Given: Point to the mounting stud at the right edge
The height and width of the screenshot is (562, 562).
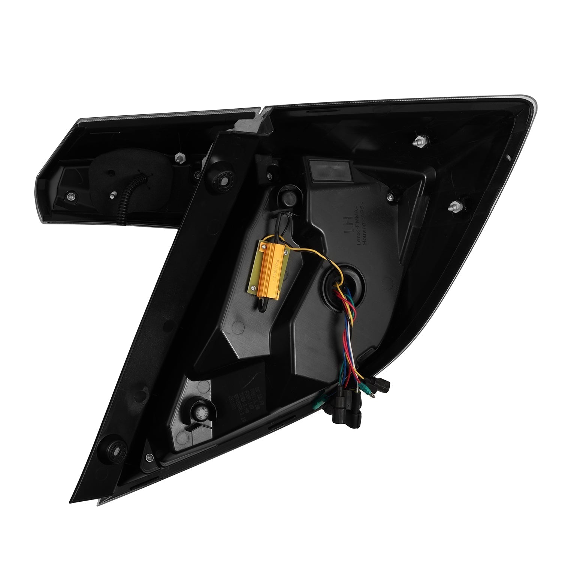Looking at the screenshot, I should [455, 206].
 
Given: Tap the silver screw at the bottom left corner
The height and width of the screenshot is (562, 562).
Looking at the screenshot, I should [149, 456].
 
